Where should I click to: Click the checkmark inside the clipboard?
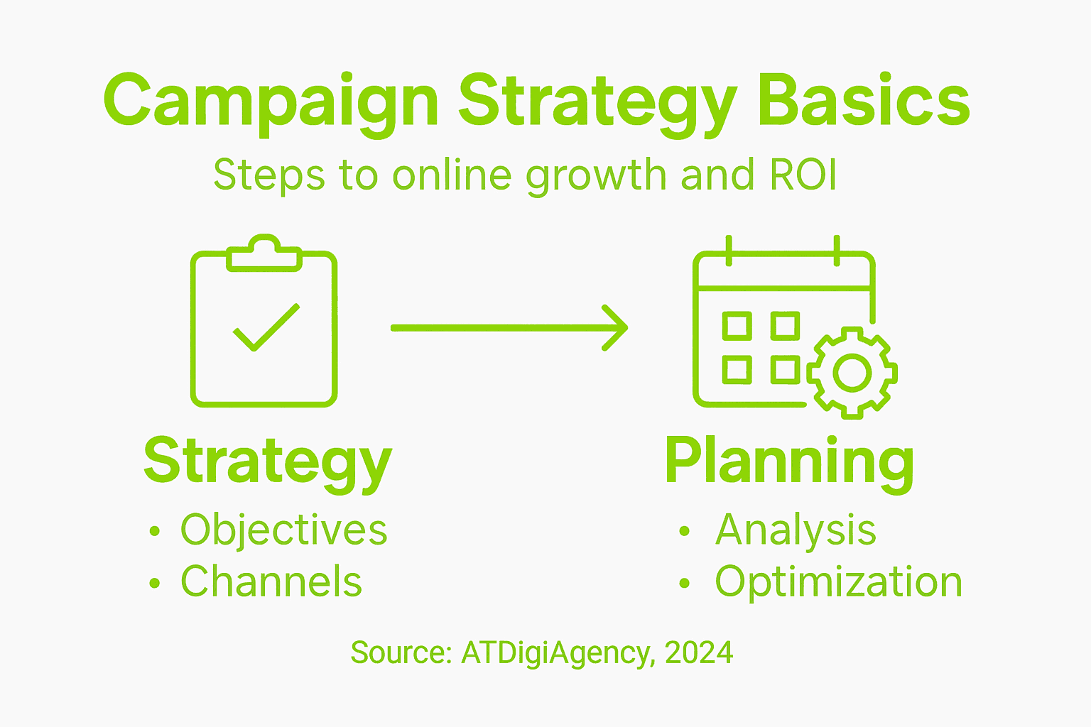[266, 327]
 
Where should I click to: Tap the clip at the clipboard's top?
[264, 253]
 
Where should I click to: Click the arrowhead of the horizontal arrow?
[615, 328]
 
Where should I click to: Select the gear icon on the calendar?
[852, 372]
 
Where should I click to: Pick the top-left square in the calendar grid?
[737, 326]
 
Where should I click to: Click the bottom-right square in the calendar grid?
[785, 370]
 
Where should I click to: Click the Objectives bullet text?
[283, 530]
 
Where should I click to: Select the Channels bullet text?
[271, 581]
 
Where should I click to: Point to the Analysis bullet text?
[796, 530]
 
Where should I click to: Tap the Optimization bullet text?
[838, 582]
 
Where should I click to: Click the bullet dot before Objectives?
[155, 532]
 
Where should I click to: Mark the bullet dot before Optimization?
[684, 584]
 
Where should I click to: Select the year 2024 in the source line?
[699, 652]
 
